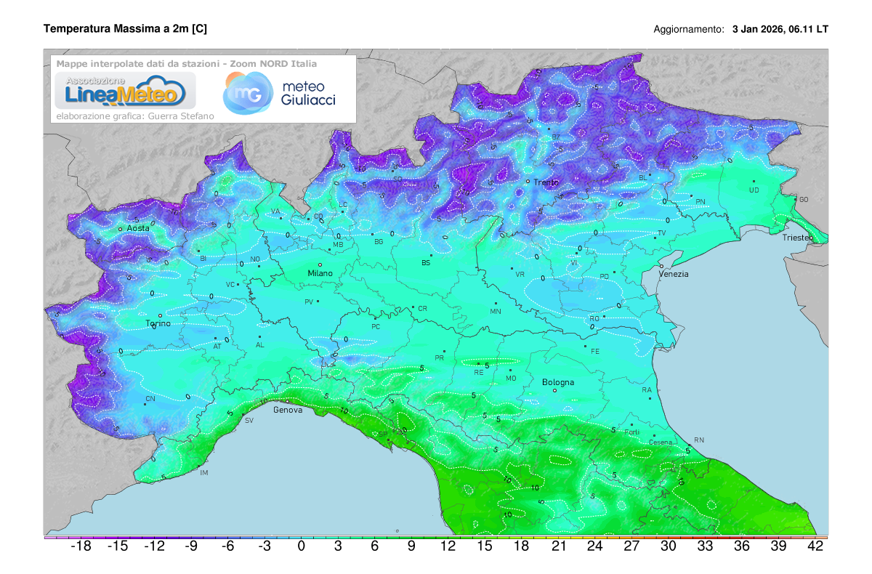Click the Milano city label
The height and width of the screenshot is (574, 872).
pos(320,273)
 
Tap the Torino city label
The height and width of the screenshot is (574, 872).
pos(158,323)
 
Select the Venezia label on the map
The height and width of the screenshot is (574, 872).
pos(673,274)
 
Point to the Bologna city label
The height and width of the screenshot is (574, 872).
pos(558,382)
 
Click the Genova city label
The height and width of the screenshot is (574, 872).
pos(287,410)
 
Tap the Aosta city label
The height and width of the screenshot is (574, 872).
pos(138,228)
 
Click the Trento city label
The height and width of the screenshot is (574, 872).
pos(546,182)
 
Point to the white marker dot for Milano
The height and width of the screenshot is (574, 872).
pos(320,264)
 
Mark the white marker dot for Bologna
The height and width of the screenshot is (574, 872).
pos(555,390)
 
